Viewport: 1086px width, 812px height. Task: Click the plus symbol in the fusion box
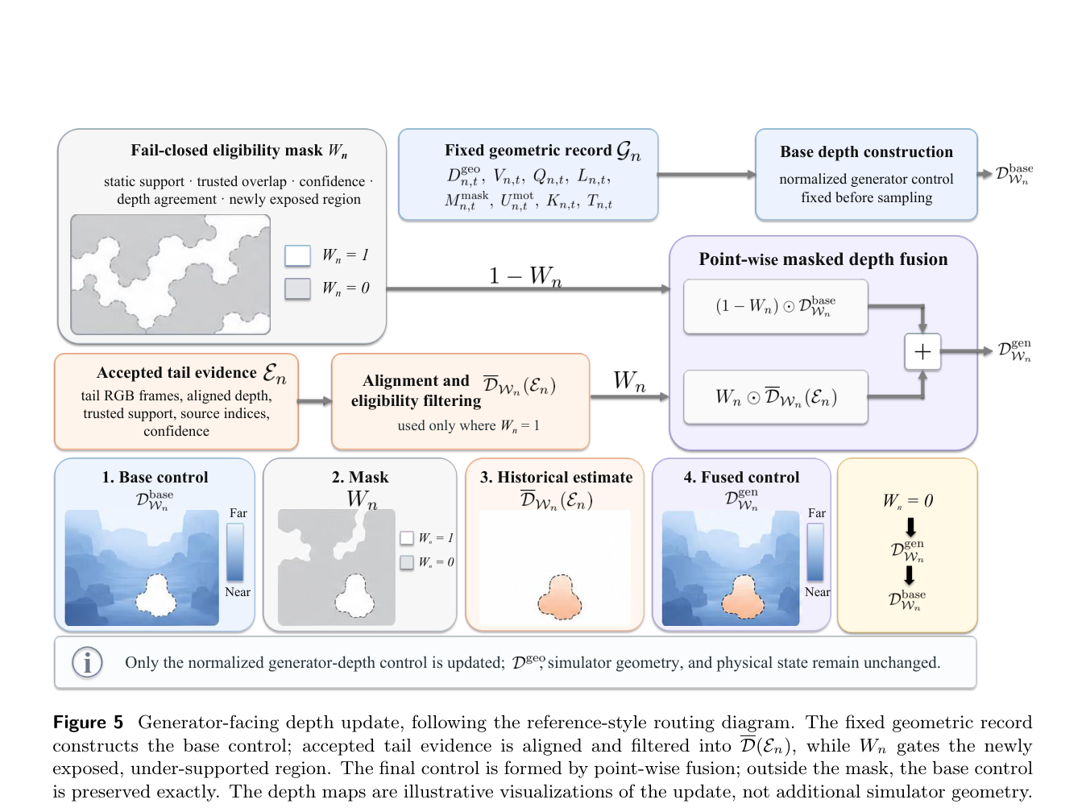point(922,351)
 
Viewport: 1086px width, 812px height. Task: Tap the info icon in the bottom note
point(87,662)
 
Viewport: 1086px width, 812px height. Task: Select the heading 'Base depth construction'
point(866,151)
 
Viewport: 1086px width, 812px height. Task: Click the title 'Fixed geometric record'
point(528,150)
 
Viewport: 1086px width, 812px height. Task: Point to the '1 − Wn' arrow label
point(525,275)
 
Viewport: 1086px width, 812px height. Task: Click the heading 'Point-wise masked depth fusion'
point(823,259)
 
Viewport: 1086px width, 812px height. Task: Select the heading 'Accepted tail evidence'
point(176,372)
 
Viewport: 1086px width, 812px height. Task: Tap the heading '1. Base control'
point(155,477)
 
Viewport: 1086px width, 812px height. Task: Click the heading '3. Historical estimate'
point(556,477)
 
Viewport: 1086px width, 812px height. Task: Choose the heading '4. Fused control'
point(741,477)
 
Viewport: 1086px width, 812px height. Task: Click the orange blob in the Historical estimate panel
point(560,597)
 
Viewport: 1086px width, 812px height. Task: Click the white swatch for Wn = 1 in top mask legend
point(297,255)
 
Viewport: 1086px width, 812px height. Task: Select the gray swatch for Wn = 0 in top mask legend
point(297,289)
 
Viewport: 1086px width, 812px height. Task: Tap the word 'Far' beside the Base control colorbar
point(238,513)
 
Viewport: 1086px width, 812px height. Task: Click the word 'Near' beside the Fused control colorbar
point(818,591)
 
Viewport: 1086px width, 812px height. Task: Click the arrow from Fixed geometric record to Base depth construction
point(707,174)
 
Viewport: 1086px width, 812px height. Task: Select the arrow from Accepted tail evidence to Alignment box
point(315,400)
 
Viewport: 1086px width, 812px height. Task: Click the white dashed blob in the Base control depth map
point(156,595)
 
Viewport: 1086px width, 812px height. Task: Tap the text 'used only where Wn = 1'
point(468,425)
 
